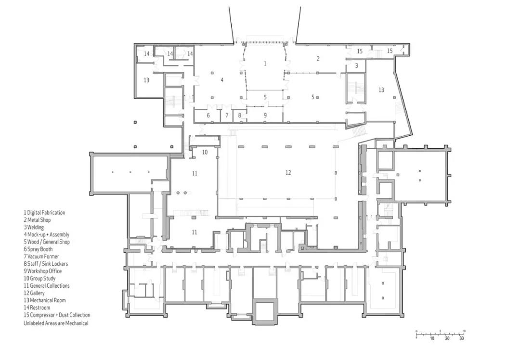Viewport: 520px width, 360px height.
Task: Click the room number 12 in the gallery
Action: click(288, 172)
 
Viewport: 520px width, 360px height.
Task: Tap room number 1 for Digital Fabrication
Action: click(265, 64)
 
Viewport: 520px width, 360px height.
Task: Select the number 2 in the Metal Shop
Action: click(318, 59)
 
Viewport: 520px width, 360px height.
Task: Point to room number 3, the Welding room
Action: click(356, 65)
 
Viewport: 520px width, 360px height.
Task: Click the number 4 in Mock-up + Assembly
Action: click(222, 80)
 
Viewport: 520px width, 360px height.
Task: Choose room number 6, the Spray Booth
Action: click(208, 116)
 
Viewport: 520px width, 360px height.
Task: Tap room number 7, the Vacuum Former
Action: click(227, 116)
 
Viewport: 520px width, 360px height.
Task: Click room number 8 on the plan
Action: click(240, 116)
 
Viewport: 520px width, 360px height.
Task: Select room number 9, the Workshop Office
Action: click(265, 116)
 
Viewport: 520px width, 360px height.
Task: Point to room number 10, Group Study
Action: click(205, 152)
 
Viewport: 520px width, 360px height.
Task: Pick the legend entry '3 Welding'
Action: click(34, 227)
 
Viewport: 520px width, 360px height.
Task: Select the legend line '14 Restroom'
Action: click(37, 308)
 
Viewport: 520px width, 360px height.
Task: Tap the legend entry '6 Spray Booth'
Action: click(38, 249)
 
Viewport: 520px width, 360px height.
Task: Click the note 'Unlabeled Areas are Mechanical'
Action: click(56, 323)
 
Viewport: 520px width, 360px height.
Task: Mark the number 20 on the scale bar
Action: click(447, 338)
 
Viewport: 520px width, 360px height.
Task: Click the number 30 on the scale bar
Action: click(461, 338)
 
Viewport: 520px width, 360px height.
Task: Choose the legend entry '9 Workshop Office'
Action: click(42, 271)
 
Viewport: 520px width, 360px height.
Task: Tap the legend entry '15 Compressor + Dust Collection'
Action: click(57, 315)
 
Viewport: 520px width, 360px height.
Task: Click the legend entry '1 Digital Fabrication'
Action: click(44, 213)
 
